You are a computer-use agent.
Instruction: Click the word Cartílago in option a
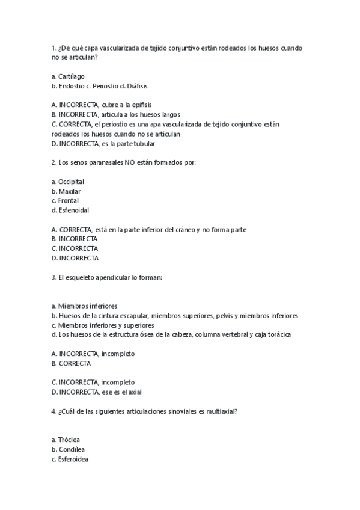71,76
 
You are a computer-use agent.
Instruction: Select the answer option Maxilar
69,191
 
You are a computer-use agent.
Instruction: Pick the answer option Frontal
69,201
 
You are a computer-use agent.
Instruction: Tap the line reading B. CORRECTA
72,364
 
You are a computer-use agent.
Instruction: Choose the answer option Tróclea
69,440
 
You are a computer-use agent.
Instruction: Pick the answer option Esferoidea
73,459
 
